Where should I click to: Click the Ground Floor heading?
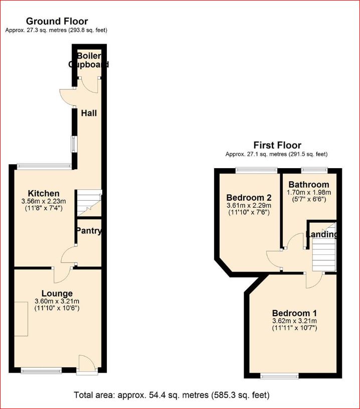click(x=57, y=22)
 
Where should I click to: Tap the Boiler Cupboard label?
click(x=89, y=60)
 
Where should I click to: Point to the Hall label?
click(x=89, y=113)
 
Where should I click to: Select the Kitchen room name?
click(x=44, y=193)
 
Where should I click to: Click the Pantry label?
click(x=88, y=231)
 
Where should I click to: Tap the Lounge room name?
click(x=57, y=293)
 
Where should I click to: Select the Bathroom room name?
click(x=308, y=185)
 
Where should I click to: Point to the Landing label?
click(x=321, y=234)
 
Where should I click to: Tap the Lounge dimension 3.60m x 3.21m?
click(x=57, y=301)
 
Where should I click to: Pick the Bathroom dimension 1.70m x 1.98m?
click(x=308, y=192)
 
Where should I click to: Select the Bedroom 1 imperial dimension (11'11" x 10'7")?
click(x=294, y=328)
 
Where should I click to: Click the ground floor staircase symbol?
click(x=89, y=203)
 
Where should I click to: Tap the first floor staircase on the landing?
click(x=323, y=254)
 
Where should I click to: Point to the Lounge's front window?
click(x=41, y=371)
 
